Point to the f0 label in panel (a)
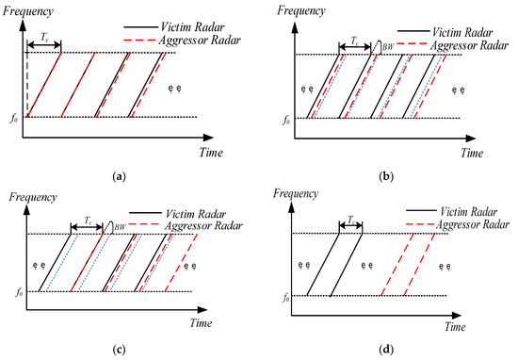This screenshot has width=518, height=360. [x=14, y=117]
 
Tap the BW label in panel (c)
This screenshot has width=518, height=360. [x=119, y=226]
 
